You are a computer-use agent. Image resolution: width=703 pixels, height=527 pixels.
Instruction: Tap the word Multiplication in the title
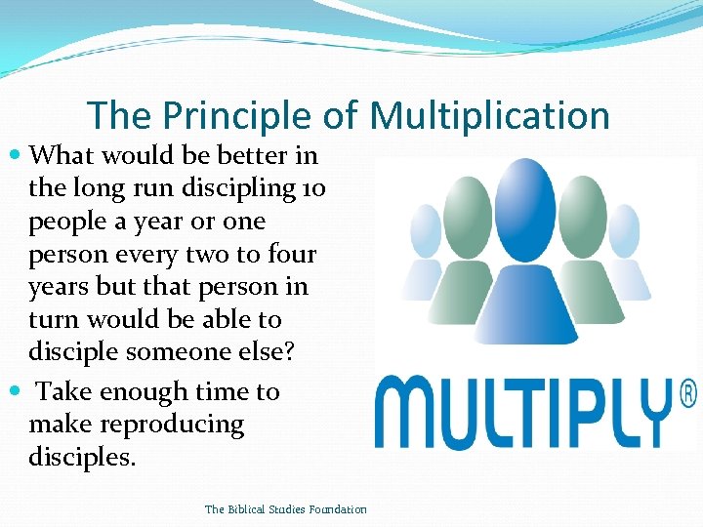coord(489,116)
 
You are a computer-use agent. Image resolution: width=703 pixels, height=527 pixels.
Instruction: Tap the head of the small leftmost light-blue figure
coord(427,229)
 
